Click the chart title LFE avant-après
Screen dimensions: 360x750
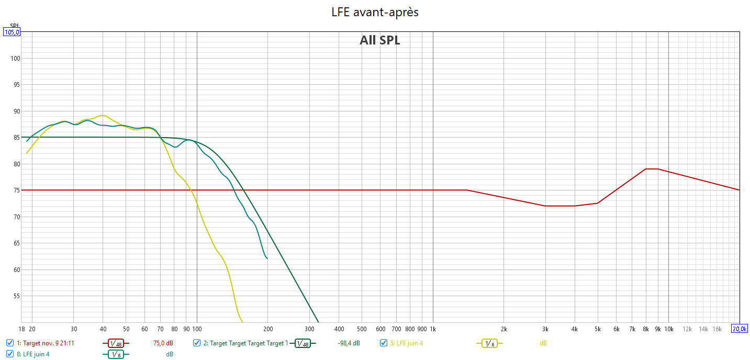coord(375,12)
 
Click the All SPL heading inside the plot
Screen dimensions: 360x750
coord(379,40)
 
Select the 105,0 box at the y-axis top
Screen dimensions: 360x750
coord(12,32)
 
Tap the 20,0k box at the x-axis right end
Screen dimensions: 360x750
coord(740,329)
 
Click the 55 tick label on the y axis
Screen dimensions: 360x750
coord(15,296)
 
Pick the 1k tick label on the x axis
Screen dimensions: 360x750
coord(433,329)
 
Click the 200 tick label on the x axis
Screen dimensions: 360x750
coord(267,329)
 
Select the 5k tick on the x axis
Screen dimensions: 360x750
coord(597,329)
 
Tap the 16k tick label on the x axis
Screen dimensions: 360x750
coord(718,329)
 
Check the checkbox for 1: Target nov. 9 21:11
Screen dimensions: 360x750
coord(10,343)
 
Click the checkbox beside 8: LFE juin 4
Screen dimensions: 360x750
coord(10,354)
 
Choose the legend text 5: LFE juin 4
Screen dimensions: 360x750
coord(406,343)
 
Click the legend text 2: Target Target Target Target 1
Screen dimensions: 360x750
coord(245,343)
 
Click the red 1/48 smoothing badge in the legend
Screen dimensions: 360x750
coord(116,343)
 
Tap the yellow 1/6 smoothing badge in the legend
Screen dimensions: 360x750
coord(489,343)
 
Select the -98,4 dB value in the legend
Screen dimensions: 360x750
coord(349,343)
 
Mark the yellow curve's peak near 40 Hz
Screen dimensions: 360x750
coord(103,115)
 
